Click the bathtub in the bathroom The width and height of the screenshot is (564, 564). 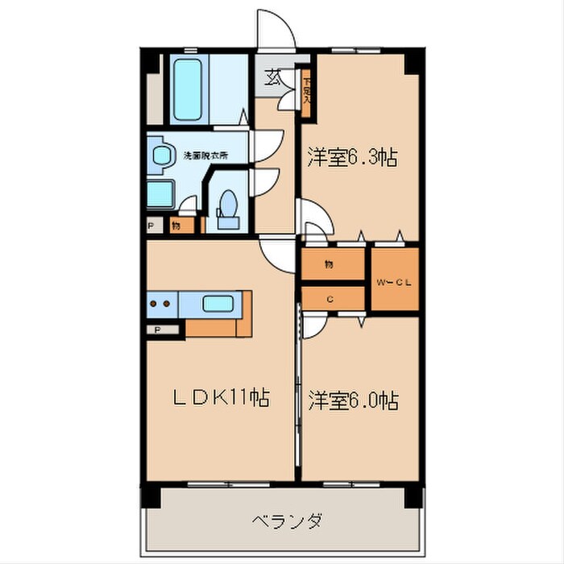point(190,90)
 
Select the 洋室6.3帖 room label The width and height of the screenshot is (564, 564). point(350,157)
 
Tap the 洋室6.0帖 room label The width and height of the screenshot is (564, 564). point(352,399)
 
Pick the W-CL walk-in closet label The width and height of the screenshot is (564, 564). point(394,281)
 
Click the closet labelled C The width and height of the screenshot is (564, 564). point(330,298)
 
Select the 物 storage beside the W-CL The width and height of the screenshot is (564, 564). point(330,263)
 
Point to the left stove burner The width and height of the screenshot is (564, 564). point(153,305)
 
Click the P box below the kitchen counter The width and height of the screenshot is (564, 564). point(158,330)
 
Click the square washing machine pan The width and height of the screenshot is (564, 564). point(161,194)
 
